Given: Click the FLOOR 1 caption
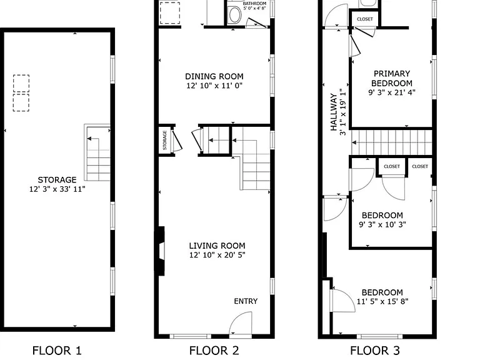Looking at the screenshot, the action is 57,351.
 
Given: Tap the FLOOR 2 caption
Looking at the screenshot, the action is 214,351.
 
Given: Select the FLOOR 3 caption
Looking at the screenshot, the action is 375,351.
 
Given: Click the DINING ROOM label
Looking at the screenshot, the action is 214,76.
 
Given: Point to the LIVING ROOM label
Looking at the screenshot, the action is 217,246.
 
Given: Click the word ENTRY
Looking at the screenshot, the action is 246,301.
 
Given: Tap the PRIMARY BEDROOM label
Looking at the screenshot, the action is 392,78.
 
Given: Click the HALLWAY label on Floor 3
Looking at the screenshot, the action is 334,112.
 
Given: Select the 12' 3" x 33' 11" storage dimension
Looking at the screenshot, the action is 57,189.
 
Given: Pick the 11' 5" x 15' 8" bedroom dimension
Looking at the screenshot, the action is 382,301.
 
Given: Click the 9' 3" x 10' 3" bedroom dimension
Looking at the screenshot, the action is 382,224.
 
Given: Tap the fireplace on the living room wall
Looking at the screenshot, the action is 159,251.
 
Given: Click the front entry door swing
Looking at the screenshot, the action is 241,324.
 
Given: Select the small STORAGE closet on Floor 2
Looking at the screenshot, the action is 165,140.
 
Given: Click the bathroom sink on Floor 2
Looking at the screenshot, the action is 235,15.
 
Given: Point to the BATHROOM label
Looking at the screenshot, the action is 255,4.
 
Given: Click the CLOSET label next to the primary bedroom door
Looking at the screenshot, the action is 365,19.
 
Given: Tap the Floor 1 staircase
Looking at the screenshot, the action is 97,152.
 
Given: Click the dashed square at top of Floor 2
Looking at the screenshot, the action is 169,12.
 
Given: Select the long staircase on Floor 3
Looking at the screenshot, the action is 391,142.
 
